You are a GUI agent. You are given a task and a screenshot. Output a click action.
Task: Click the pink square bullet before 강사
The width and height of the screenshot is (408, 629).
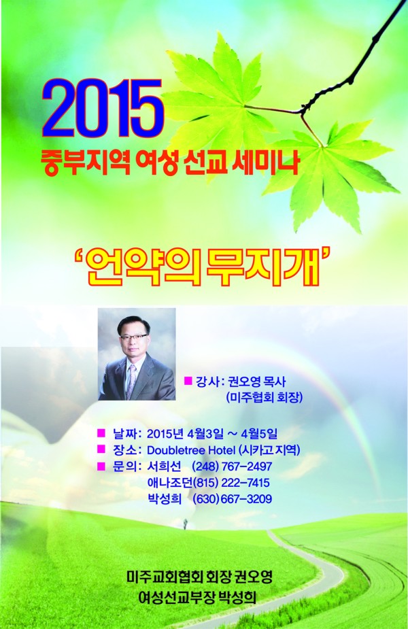pyautogui.click(x=188, y=381)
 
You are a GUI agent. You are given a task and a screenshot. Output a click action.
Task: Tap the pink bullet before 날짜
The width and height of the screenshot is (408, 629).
pyautogui.click(x=101, y=432)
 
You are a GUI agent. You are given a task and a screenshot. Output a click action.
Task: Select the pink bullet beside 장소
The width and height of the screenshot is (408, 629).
pyautogui.click(x=101, y=449)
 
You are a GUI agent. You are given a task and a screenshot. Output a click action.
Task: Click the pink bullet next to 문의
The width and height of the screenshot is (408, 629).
pyautogui.click(x=101, y=466)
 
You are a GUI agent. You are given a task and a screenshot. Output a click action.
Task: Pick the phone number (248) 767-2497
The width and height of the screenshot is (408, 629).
pyautogui.click(x=232, y=466)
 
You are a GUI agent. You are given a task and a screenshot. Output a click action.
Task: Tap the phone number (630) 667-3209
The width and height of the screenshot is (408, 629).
pyautogui.click(x=233, y=499)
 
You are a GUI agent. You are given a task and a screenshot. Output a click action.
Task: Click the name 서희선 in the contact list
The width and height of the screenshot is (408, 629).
pyautogui.click(x=164, y=466)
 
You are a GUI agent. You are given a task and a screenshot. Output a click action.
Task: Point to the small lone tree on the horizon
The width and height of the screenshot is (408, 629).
pyautogui.click(x=184, y=522)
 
